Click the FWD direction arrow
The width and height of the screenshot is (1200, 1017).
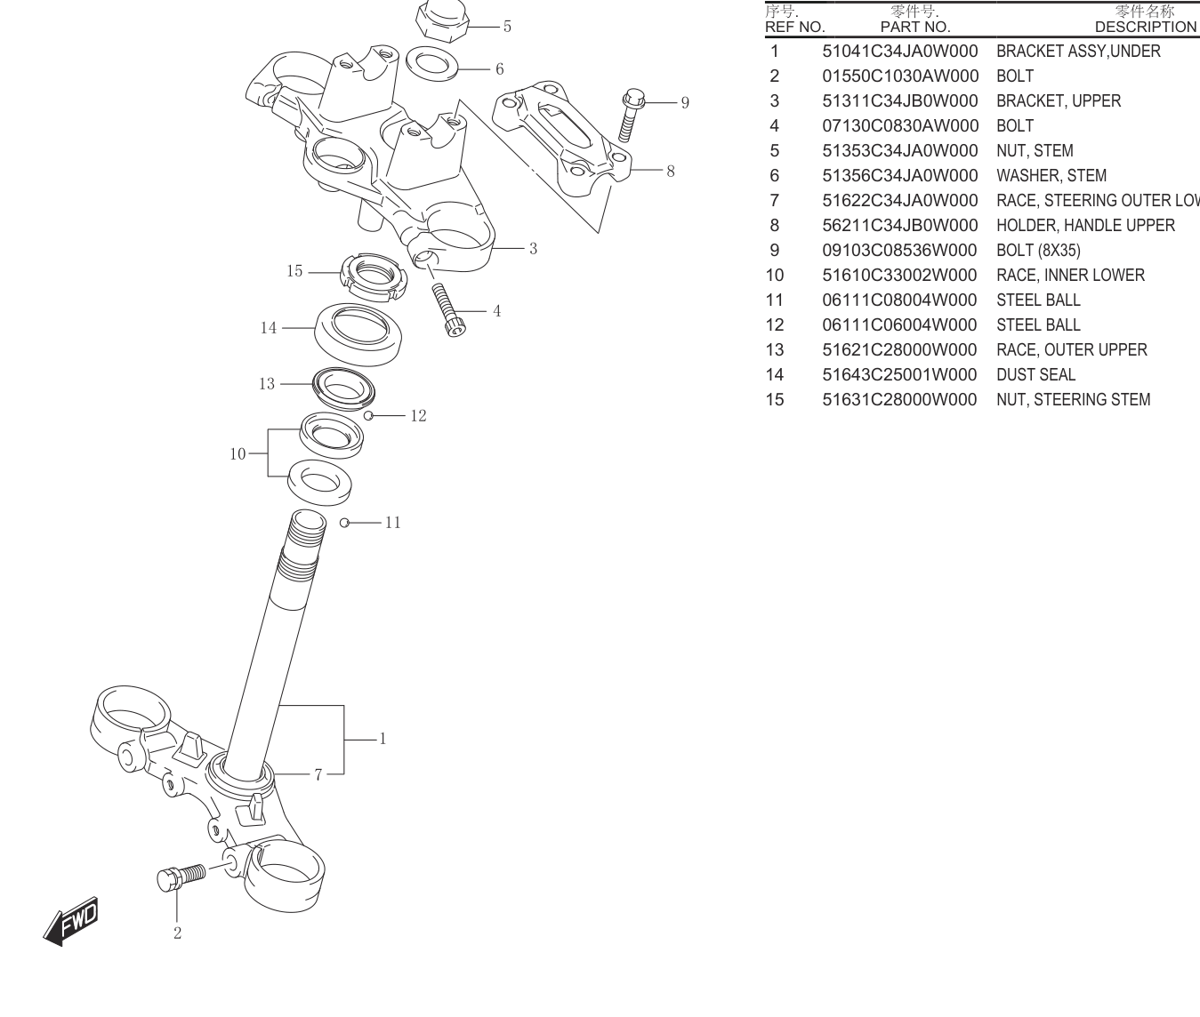[x=71, y=921]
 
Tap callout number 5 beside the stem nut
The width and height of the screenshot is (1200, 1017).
[x=507, y=27]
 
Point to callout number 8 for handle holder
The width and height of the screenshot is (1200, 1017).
[x=671, y=172]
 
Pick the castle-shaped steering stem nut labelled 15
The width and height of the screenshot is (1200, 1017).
[x=374, y=277]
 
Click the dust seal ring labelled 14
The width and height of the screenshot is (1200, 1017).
[x=358, y=334]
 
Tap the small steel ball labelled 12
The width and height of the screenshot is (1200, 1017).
[x=368, y=415]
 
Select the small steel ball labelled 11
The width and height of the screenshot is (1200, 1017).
[x=344, y=523]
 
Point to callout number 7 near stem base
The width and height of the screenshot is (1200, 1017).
[x=318, y=775]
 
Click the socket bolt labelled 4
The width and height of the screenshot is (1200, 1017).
[x=448, y=309]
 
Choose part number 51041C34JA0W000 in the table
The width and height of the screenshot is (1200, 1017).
[x=900, y=51]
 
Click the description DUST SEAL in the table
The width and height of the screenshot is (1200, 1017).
[x=1035, y=375]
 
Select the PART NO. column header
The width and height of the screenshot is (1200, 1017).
[x=915, y=28]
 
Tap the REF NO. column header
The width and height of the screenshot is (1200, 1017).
[x=794, y=28]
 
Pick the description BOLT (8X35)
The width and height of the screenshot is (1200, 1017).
[x=1039, y=251]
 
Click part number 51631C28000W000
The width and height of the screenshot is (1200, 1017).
[x=899, y=400]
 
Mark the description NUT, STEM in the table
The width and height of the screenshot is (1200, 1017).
[x=1035, y=151]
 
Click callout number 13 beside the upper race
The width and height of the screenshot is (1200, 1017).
[x=267, y=384]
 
